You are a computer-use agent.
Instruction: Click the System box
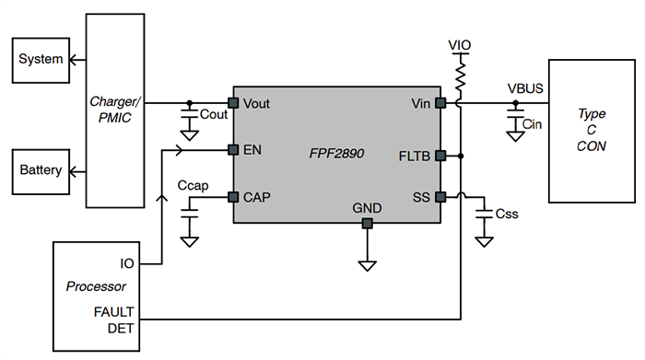pyautogui.click(x=41, y=60)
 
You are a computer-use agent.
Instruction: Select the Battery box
pyautogui.click(x=41, y=170)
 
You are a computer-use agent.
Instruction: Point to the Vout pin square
pyautogui.click(x=234, y=102)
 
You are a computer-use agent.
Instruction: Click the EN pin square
pyautogui.click(x=234, y=149)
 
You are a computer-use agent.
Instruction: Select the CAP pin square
pyautogui.click(x=234, y=196)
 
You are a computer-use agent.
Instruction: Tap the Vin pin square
pyautogui.click(x=440, y=102)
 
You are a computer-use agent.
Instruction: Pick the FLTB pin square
pyautogui.click(x=440, y=155)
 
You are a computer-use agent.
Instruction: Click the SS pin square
pyautogui.click(x=440, y=196)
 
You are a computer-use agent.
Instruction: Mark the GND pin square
pyautogui.click(x=367, y=223)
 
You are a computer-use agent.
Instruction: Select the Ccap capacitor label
pyautogui.click(x=193, y=186)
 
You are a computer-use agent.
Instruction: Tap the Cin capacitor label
pyautogui.click(x=533, y=123)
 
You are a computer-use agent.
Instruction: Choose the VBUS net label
pyautogui.click(x=525, y=89)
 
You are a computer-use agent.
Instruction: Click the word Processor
pyautogui.click(x=96, y=286)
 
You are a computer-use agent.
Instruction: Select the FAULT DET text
pyautogui.click(x=114, y=319)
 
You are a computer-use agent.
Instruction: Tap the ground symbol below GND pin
pyautogui.click(x=367, y=265)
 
